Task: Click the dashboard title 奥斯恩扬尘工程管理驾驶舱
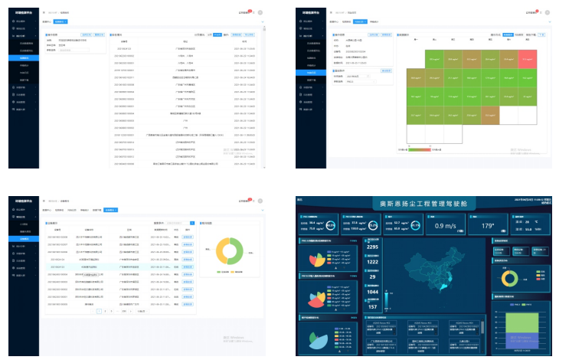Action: point(428,204)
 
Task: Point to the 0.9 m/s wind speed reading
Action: point(448,226)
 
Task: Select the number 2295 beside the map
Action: point(373,247)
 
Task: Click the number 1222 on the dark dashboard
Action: point(373,262)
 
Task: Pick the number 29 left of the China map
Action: point(373,277)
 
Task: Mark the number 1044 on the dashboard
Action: point(373,292)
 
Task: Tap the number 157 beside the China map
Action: point(373,306)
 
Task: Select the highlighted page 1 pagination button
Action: point(99,312)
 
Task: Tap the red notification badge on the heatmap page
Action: point(539,11)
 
